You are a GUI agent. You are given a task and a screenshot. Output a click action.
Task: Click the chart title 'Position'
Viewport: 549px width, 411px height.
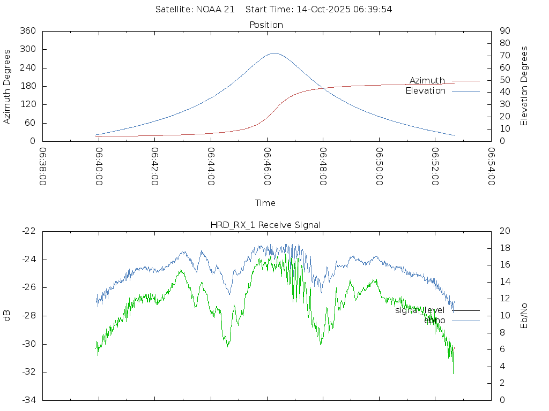tap(266, 25)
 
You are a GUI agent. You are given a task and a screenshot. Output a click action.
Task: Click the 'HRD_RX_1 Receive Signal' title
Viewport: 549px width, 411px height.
tap(266, 225)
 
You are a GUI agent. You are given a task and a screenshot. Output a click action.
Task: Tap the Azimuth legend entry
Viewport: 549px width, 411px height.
tap(427, 80)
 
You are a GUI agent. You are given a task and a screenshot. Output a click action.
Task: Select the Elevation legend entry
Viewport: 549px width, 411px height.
tap(426, 91)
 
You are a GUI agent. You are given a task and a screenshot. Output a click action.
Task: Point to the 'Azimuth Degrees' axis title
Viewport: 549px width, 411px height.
tap(8, 86)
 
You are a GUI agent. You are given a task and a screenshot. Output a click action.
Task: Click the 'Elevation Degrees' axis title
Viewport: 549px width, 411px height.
tap(524, 86)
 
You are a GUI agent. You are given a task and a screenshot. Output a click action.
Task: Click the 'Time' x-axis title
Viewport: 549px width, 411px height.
tap(265, 203)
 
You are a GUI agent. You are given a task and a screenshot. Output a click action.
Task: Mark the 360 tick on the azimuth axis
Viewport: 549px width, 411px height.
tap(27, 31)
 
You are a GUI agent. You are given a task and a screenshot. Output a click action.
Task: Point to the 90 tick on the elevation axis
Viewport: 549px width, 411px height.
tap(504, 31)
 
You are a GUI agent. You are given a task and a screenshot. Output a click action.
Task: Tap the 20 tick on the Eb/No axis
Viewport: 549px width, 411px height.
tap(504, 231)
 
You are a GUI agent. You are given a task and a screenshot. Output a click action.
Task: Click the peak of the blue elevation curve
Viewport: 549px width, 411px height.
tap(274, 53)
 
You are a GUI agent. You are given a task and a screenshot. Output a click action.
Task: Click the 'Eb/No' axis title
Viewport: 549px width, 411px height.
tap(524, 315)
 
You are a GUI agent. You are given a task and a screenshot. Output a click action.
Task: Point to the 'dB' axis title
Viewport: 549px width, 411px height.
tap(8, 315)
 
